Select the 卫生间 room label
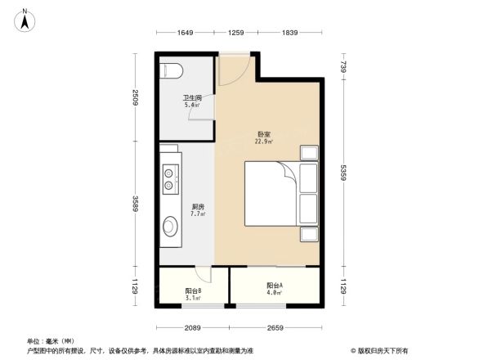point(192,100)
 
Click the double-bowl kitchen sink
point(170,179)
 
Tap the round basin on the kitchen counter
point(171,226)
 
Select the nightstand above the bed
point(310,153)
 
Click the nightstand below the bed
point(310,234)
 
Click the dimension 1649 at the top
point(185,33)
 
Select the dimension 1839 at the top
point(289,33)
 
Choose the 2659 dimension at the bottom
point(274,328)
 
